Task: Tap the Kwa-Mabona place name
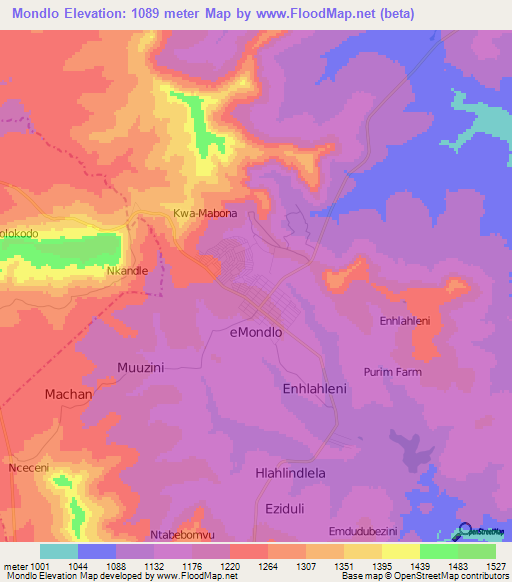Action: pos(205,214)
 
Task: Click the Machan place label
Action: pos(69,394)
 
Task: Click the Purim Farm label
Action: pos(421,372)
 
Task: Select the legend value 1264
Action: pos(267,567)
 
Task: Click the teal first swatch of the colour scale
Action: pos(59,551)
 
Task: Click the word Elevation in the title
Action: pos(96,13)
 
